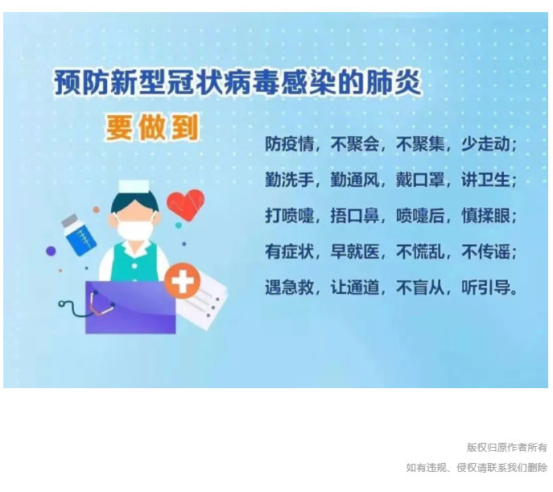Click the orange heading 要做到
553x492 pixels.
[x=151, y=127]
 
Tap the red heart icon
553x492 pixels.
[x=185, y=205]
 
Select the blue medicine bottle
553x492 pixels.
[x=79, y=235]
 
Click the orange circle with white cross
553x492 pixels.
[x=183, y=281]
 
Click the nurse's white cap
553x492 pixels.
[x=134, y=187]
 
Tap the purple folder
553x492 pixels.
[x=130, y=307]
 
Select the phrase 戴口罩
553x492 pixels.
[x=420, y=180]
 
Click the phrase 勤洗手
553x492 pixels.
[x=289, y=180]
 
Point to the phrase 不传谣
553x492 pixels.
[x=485, y=251]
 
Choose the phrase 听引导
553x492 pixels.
[x=485, y=287]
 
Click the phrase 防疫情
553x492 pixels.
[x=289, y=144]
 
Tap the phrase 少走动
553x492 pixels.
[x=485, y=144]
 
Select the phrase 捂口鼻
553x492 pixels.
[x=354, y=216]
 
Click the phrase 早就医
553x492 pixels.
[x=354, y=251]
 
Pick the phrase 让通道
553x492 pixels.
[x=354, y=287]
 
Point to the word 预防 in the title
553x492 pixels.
[x=81, y=83]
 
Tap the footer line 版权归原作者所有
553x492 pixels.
[x=507, y=447]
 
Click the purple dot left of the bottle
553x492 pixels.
[x=51, y=251]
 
